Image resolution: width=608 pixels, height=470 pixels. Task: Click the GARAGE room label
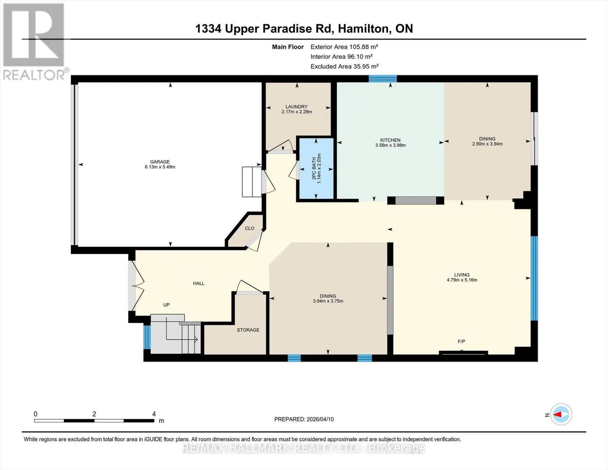(160, 162)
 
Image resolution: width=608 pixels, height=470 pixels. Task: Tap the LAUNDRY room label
(297, 107)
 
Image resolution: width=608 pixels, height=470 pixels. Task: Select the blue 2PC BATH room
(316, 168)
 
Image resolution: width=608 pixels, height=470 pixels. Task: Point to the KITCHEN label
(390, 140)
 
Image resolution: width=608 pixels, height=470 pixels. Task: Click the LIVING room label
(462, 275)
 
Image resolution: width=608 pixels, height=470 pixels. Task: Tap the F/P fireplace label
(462, 341)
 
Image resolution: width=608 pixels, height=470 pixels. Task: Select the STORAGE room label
(248, 330)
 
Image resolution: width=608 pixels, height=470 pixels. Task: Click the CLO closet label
(249, 228)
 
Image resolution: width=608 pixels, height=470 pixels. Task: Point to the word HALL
(198, 283)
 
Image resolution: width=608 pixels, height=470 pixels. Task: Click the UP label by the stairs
(166, 305)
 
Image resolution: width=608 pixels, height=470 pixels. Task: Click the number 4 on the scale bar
(154, 414)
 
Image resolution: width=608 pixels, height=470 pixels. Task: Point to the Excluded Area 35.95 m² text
(345, 66)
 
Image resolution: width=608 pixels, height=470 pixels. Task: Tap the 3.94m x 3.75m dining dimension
(328, 301)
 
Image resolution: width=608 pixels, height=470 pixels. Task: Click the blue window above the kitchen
(382, 79)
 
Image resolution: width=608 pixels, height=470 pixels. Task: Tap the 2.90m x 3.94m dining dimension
(487, 144)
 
